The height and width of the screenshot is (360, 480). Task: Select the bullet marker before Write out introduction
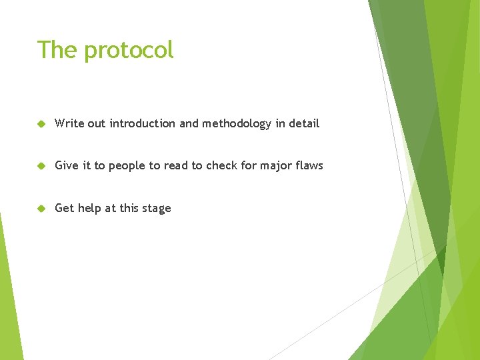pyautogui.click(x=41, y=124)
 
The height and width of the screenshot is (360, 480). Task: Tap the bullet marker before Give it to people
pyautogui.click(x=41, y=166)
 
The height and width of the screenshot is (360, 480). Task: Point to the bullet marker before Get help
pyautogui.click(x=41, y=209)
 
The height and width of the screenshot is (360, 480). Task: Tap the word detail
pyautogui.click(x=304, y=123)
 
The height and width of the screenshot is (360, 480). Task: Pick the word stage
pyautogui.click(x=157, y=209)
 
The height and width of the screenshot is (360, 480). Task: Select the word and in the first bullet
pyautogui.click(x=189, y=123)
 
